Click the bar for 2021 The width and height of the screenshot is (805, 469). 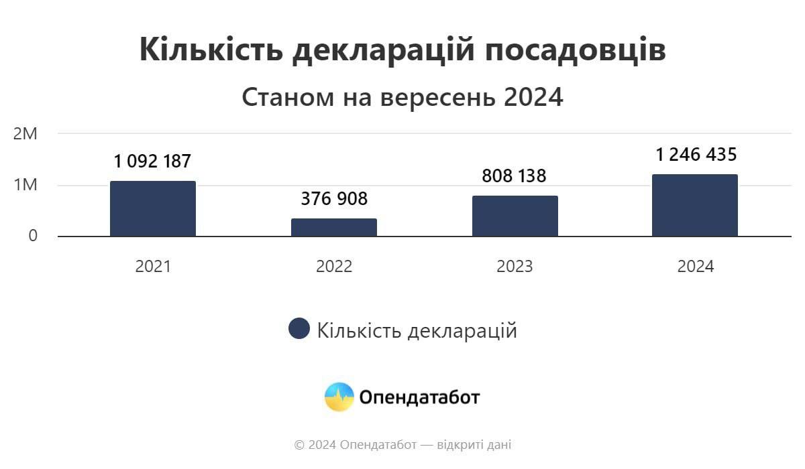(x=153, y=208)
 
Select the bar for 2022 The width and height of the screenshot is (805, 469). (x=334, y=227)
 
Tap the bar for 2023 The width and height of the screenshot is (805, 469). (x=515, y=216)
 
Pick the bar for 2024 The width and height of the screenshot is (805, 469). (x=695, y=205)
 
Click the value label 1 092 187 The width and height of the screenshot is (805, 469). (x=153, y=161)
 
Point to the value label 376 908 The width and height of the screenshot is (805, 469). (x=334, y=199)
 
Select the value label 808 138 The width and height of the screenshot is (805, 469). (x=515, y=176)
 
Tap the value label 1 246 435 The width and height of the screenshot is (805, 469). (x=696, y=155)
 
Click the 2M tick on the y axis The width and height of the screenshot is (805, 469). (x=25, y=133)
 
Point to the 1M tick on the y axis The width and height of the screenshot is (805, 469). (x=25, y=185)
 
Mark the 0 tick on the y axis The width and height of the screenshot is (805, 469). (x=33, y=236)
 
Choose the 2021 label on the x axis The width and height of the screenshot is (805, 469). (x=153, y=267)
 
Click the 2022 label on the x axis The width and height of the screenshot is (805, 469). (x=334, y=267)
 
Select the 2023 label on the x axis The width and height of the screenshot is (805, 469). (x=515, y=267)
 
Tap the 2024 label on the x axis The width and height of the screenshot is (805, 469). (x=696, y=267)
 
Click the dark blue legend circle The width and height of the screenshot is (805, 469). (x=299, y=329)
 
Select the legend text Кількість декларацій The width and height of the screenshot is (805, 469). (x=417, y=330)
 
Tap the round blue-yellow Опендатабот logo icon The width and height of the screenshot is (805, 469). (x=339, y=397)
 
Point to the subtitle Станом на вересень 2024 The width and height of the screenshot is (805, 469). (x=402, y=98)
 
